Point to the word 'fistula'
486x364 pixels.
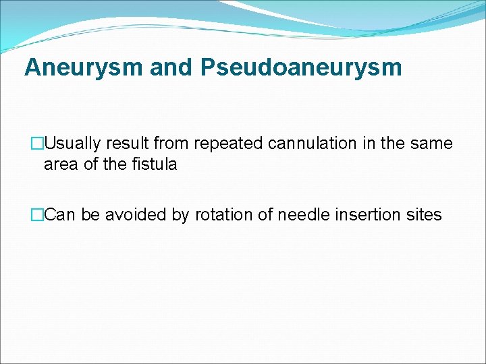pyautogui.click(x=153, y=164)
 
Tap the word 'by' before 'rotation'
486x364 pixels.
pyautogui.click(x=183, y=215)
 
